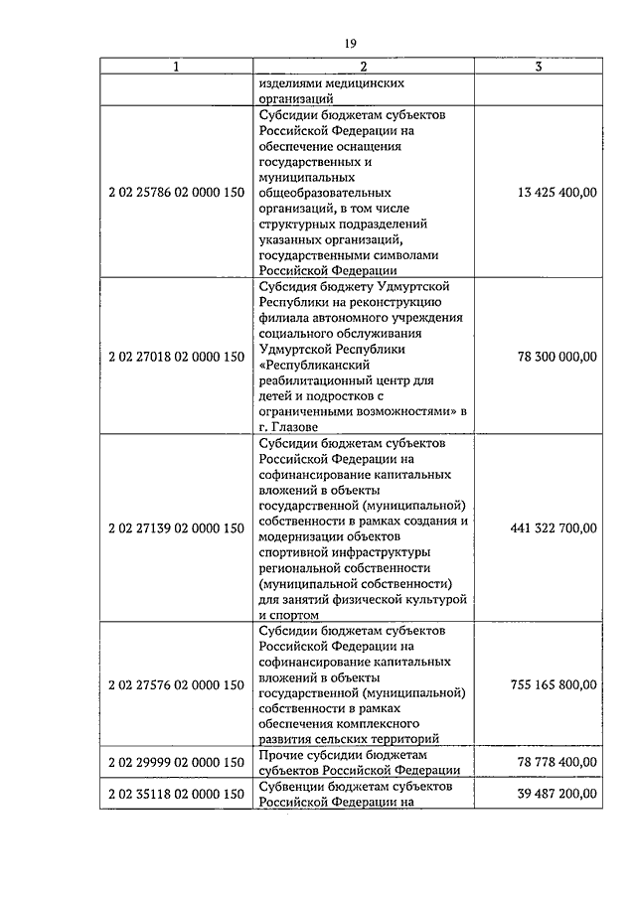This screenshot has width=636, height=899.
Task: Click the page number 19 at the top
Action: pos(350,43)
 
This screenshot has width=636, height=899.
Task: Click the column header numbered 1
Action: pos(176,68)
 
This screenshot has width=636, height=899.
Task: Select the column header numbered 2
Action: pos(364,68)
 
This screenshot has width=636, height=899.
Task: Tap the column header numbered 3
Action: pos(538,68)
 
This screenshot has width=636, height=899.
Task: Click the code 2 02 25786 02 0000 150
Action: pos(176,192)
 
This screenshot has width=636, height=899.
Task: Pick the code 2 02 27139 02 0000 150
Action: pos(176,528)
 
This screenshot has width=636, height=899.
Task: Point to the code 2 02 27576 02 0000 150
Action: pos(176,684)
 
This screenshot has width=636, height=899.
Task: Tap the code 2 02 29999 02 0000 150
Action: pos(176,762)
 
